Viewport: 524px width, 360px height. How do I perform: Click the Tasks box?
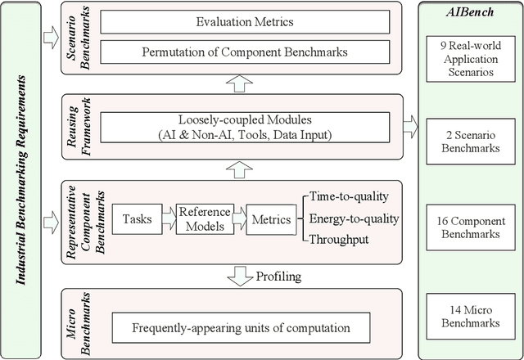pos(136,218)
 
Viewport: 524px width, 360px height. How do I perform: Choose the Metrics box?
pos(271,218)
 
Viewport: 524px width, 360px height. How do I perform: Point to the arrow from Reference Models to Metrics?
pos(238,218)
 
